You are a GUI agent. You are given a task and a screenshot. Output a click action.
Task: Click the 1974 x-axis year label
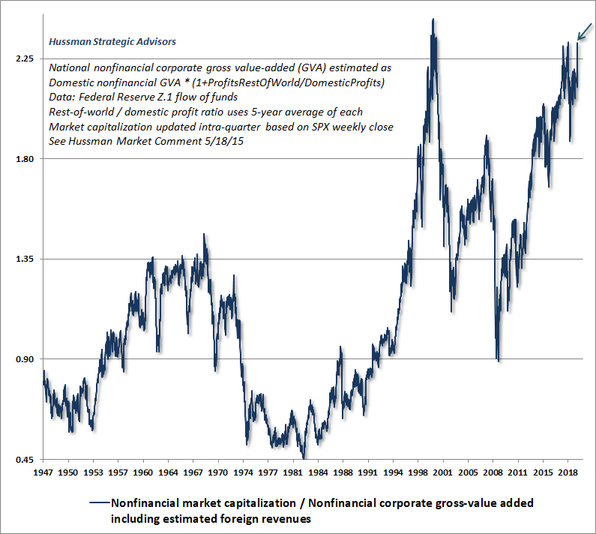[243, 474]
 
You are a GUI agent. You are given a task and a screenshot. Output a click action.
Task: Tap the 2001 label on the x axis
[443, 474]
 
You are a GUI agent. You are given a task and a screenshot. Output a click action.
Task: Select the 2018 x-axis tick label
[568, 474]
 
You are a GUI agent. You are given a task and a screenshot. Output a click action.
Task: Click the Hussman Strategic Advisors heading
[112, 42]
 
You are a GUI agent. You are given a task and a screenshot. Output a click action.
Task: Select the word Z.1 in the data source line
[166, 96]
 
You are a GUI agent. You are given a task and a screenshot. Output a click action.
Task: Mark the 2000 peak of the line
[433, 20]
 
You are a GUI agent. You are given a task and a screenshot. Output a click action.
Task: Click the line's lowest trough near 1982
[304, 457]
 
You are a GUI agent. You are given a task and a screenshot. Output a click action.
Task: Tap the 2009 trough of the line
[499, 361]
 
